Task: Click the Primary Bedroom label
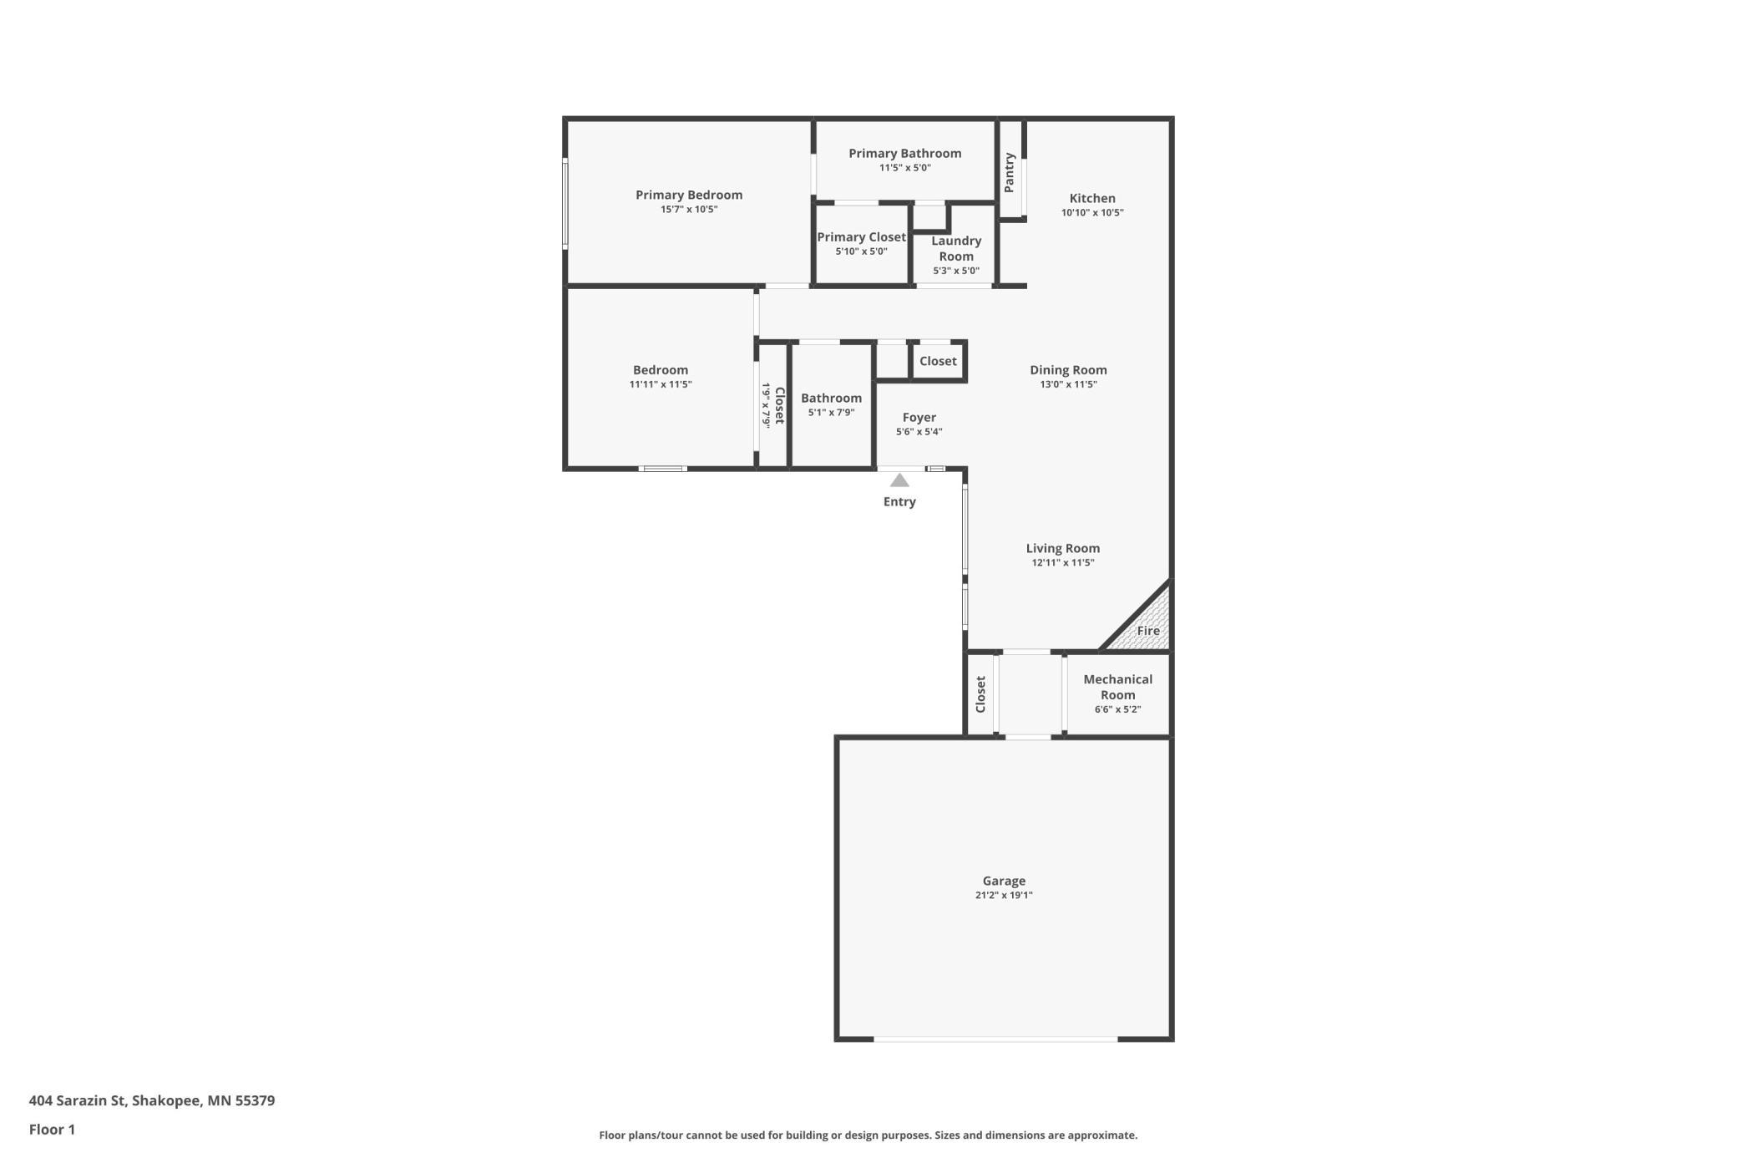tap(689, 195)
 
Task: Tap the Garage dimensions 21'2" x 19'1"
tap(1004, 895)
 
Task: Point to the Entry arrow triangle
tap(899, 480)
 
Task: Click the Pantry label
tap(1009, 172)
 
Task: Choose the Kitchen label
tap(1092, 198)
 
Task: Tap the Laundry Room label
tap(956, 248)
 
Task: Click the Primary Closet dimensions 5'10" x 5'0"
tap(861, 251)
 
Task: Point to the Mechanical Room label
tap(1117, 687)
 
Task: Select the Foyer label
tap(919, 417)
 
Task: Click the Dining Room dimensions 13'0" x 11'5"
tap(1068, 384)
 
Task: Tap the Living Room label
tap(1062, 548)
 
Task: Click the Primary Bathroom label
tap(904, 153)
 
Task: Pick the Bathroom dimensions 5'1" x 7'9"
tap(831, 412)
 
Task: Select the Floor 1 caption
tap(52, 1130)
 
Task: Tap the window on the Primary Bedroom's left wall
tap(565, 203)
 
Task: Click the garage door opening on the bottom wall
tap(995, 1039)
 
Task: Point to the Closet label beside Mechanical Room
tap(980, 694)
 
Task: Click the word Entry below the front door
tap(899, 502)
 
